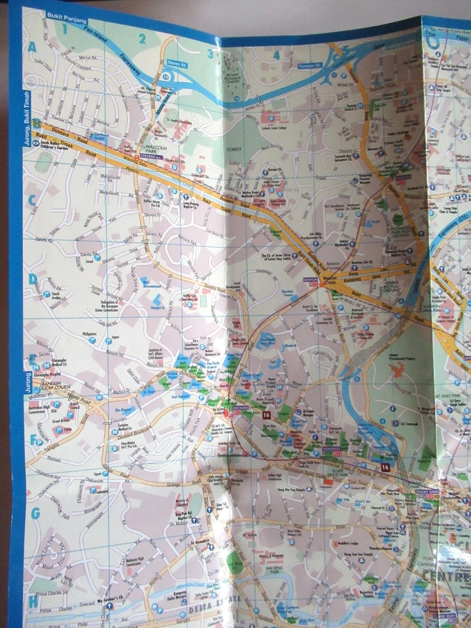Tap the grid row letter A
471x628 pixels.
point(31,46)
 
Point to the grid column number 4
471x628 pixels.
point(276,56)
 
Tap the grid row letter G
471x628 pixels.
point(35,514)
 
